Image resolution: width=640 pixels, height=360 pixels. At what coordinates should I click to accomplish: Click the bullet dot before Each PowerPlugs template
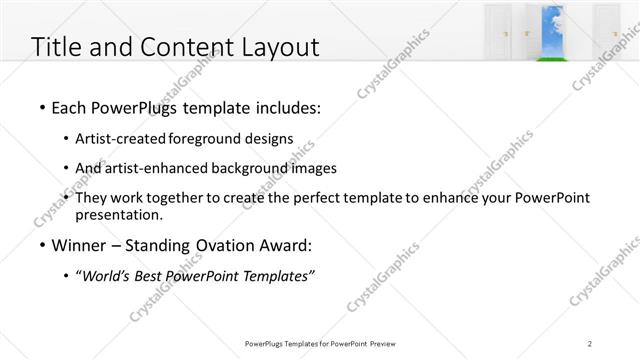tap(41, 105)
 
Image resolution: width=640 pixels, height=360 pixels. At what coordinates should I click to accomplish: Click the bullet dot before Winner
tap(41, 245)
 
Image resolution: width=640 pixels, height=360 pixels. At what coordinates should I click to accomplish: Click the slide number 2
tap(590, 343)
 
